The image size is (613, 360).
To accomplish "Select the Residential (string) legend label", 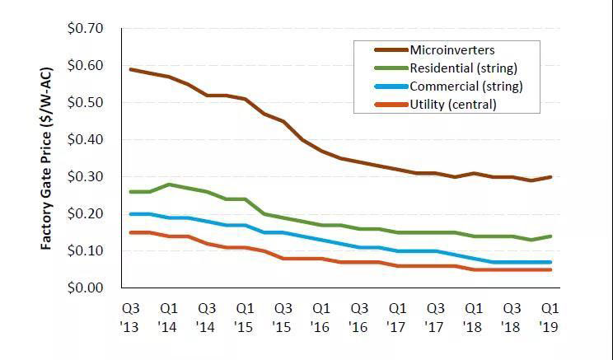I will [458, 68].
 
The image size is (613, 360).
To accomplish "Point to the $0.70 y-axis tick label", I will [85, 29].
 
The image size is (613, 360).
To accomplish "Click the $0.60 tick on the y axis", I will [85, 66].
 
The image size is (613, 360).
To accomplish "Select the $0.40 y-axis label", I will [85, 140].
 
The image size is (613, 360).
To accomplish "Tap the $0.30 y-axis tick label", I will [85, 177].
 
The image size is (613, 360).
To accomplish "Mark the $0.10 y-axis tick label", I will [85, 250].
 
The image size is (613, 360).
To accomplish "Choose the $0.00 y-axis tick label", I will [85, 288].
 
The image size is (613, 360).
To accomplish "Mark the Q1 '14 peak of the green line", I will [169, 185].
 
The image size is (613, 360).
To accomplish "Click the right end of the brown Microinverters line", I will [550, 177].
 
